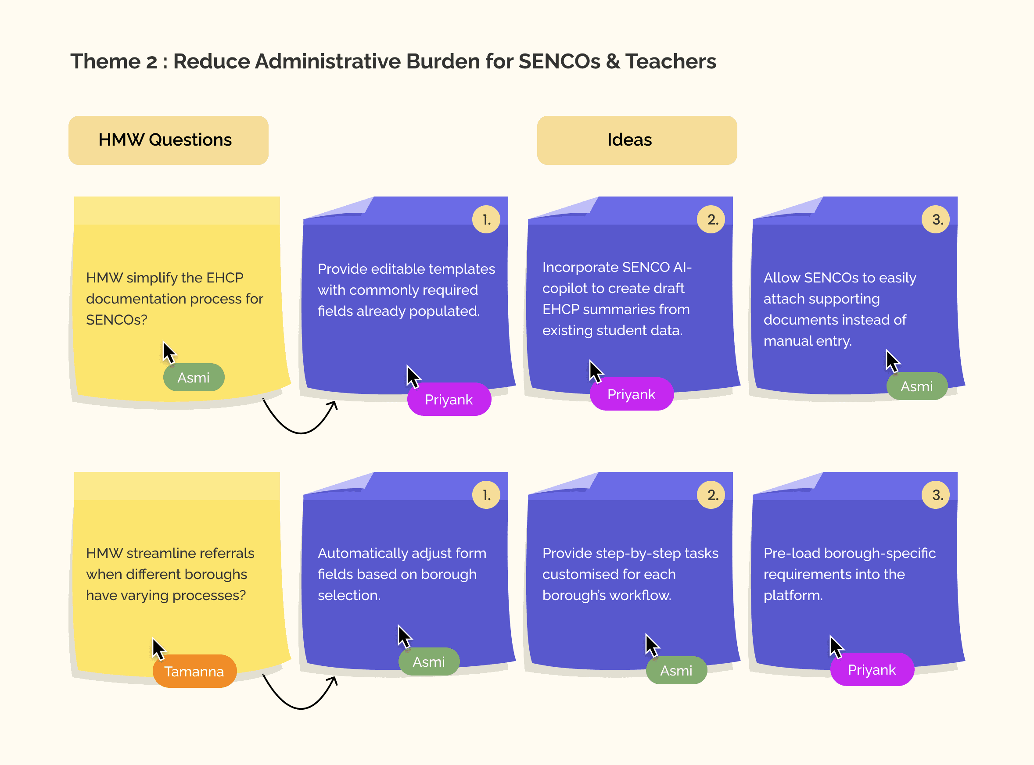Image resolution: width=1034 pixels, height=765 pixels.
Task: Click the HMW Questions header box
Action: click(x=168, y=140)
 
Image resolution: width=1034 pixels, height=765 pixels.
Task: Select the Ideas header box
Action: click(x=636, y=140)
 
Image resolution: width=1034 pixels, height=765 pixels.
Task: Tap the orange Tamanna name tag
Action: click(x=194, y=671)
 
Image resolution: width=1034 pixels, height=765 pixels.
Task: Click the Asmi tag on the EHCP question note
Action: click(x=194, y=377)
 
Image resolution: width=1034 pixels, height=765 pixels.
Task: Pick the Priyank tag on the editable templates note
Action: click(x=449, y=399)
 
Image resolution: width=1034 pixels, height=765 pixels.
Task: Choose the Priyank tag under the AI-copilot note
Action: click(x=631, y=394)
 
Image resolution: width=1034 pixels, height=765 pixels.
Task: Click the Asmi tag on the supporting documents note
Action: click(x=916, y=386)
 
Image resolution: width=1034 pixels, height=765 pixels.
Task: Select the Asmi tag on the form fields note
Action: click(x=428, y=661)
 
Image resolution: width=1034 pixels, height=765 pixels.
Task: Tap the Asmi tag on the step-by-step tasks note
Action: click(x=676, y=670)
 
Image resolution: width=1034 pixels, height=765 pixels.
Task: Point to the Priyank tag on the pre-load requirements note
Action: click(x=872, y=669)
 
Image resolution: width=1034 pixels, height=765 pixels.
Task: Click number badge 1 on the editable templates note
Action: click(x=486, y=219)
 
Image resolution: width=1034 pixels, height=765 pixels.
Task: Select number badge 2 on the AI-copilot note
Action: click(x=711, y=219)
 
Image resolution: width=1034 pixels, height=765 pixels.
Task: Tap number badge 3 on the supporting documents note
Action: click(x=935, y=219)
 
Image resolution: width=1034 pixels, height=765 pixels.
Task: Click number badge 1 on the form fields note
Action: click(x=486, y=495)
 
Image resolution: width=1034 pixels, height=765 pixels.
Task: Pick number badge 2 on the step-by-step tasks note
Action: click(x=711, y=495)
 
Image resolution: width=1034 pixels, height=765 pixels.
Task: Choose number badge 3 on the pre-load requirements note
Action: click(x=935, y=495)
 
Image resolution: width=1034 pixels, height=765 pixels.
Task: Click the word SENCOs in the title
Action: click(x=559, y=61)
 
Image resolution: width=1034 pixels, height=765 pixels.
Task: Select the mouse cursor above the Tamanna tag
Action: click(x=158, y=648)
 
